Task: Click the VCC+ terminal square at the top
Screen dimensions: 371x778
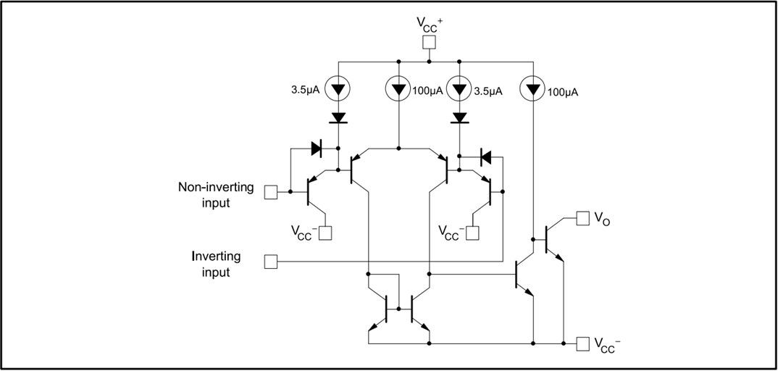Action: click(429, 42)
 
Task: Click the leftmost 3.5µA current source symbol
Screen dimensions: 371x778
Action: click(338, 90)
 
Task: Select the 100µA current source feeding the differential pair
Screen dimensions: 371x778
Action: click(398, 90)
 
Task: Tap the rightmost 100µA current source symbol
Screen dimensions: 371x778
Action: click(533, 90)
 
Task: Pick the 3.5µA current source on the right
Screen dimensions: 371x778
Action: click(459, 90)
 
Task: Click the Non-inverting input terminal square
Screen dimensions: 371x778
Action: click(270, 192)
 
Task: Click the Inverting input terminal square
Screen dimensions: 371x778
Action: click(270, 261)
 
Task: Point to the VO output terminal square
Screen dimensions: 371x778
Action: click(583, 217)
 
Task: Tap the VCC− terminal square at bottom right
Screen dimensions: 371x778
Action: click(583, 343)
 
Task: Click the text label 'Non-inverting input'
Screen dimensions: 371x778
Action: click(216, 195)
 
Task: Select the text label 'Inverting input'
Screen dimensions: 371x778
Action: click(216, 264)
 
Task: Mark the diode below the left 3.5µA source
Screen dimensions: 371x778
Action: click(338, 117)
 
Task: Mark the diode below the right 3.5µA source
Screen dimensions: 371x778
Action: click(459, 117)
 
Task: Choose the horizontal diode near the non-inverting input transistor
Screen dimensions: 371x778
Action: click(317, 149)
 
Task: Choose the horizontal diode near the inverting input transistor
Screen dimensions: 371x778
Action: click(485, 156)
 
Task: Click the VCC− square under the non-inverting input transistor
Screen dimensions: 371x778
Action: click(325, 233)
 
